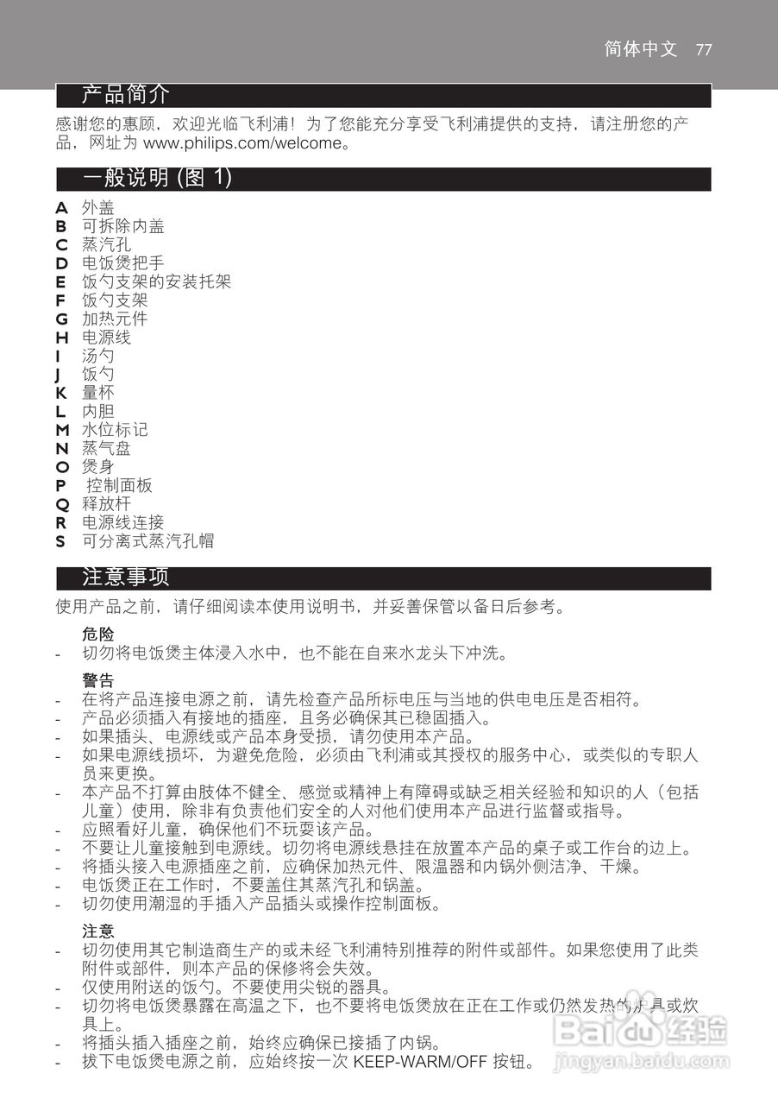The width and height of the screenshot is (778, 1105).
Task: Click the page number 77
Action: (x=703, y=49)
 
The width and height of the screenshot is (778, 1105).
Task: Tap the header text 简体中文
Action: (x=641, y=49)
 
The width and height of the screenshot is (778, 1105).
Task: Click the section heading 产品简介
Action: (x=126, y=94)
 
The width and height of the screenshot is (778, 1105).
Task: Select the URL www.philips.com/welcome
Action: (x=242, y=143)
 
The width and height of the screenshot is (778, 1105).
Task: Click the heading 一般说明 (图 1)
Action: (x=158, y=179)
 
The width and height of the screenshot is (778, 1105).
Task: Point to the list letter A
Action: (x=61, y=207)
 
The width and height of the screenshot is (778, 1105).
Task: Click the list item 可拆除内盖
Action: (x=122, y=226)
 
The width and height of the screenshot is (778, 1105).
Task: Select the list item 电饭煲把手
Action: (x=122, y=263)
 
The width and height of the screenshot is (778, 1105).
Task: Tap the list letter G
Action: (x=61, y=319)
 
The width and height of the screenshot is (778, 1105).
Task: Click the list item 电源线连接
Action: (x=122, y=522)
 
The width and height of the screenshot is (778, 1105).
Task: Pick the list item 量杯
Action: (x=97, y=393)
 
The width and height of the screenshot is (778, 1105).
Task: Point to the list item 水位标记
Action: (x=114, y=430)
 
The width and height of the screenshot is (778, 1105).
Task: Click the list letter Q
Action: (x=61, y=504)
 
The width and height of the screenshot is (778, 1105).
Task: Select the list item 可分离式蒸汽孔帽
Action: (x=147, y=541)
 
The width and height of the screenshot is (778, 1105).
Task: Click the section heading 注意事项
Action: (x=126, y=578)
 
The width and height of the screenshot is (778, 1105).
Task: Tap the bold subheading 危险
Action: (x=98, y=635)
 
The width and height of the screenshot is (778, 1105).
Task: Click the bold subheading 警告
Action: (x=98, y=681)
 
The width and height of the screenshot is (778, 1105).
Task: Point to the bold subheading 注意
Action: (x=98, y=931)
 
